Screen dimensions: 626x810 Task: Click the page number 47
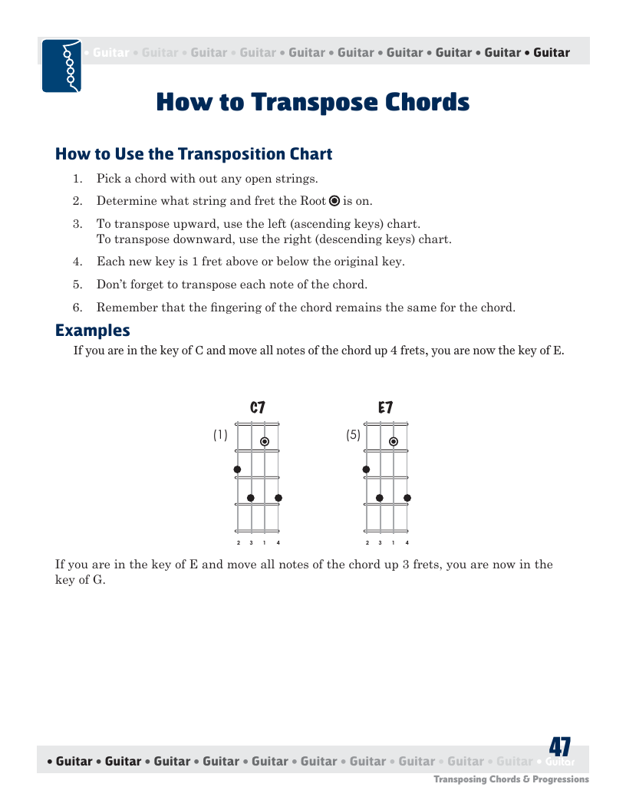tap(559, 747)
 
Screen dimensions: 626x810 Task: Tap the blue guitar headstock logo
tap(61, 66)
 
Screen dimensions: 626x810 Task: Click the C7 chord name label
tap(257, 407)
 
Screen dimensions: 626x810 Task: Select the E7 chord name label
tap(385, 407)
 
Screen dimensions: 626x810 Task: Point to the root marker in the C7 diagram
tap(265, 442)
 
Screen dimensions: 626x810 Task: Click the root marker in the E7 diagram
tap(394, 442)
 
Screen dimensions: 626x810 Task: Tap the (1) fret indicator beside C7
tap(220, 435)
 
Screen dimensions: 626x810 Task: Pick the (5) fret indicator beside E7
tap(354, 435)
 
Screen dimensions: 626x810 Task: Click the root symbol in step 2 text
tap(334, 201)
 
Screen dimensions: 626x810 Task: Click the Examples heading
tap(93, 331)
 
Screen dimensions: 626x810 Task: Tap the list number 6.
tap(77, 308)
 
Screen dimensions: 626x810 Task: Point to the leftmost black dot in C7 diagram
tap(237, 469)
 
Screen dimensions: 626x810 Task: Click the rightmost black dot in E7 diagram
tap(407, 498)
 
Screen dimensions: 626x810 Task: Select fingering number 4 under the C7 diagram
tap(278, 543)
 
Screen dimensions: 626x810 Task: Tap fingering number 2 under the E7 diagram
tap(367, 543)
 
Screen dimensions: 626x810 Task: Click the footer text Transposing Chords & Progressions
tap(512, 779)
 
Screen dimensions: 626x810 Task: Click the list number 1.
tap(77, 179)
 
